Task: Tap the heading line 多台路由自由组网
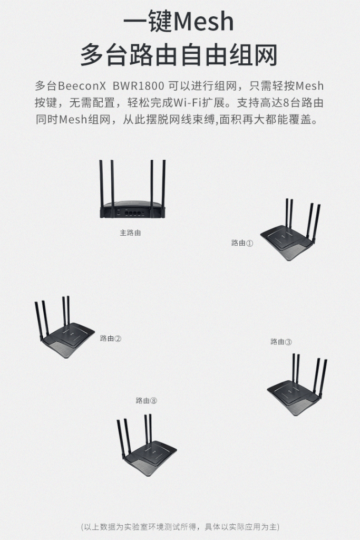point(179,55)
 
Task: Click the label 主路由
point(130,232)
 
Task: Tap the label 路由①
point(242,243)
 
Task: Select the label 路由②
point(111,339)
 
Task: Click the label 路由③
point(281,342)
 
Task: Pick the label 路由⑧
point(146,400)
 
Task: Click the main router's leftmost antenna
point(101,185)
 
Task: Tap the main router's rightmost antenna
point(163,185)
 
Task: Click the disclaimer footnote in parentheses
point(180,527)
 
